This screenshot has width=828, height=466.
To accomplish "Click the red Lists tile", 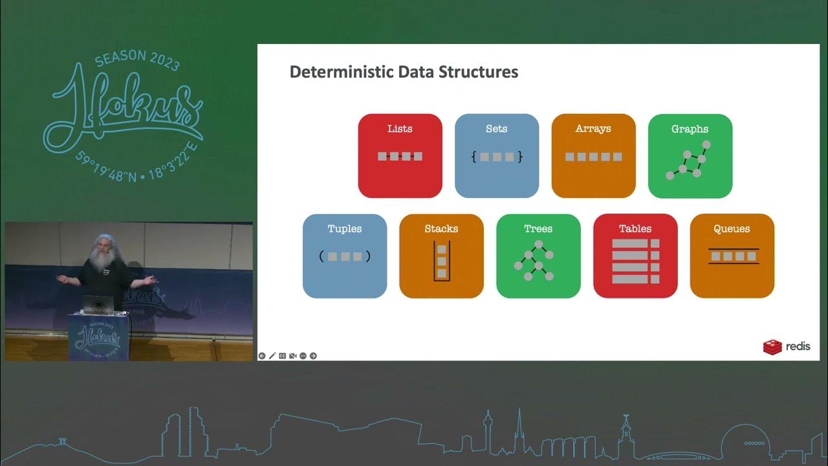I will coord(400,156).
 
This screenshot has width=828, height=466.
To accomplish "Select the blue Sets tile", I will coord(497,156).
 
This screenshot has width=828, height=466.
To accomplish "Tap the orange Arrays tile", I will coord(593,156).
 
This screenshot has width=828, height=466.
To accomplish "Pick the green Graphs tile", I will coord(690,156).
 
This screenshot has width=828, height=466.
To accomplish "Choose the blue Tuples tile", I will coord(345,256).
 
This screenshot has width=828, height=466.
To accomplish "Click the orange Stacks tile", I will coord(441,256).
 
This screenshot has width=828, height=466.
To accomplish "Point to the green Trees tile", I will coord(538,256).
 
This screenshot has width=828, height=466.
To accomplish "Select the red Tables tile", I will coord(635,256).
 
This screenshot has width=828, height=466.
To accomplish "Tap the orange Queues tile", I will coord(732,256).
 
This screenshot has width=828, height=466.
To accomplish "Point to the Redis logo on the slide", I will coord(786,347).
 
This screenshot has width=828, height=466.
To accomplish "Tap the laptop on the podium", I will coord(98,304).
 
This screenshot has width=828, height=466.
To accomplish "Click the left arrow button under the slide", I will coord(262,356).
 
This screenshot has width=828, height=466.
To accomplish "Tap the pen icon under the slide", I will coord(272,356).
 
